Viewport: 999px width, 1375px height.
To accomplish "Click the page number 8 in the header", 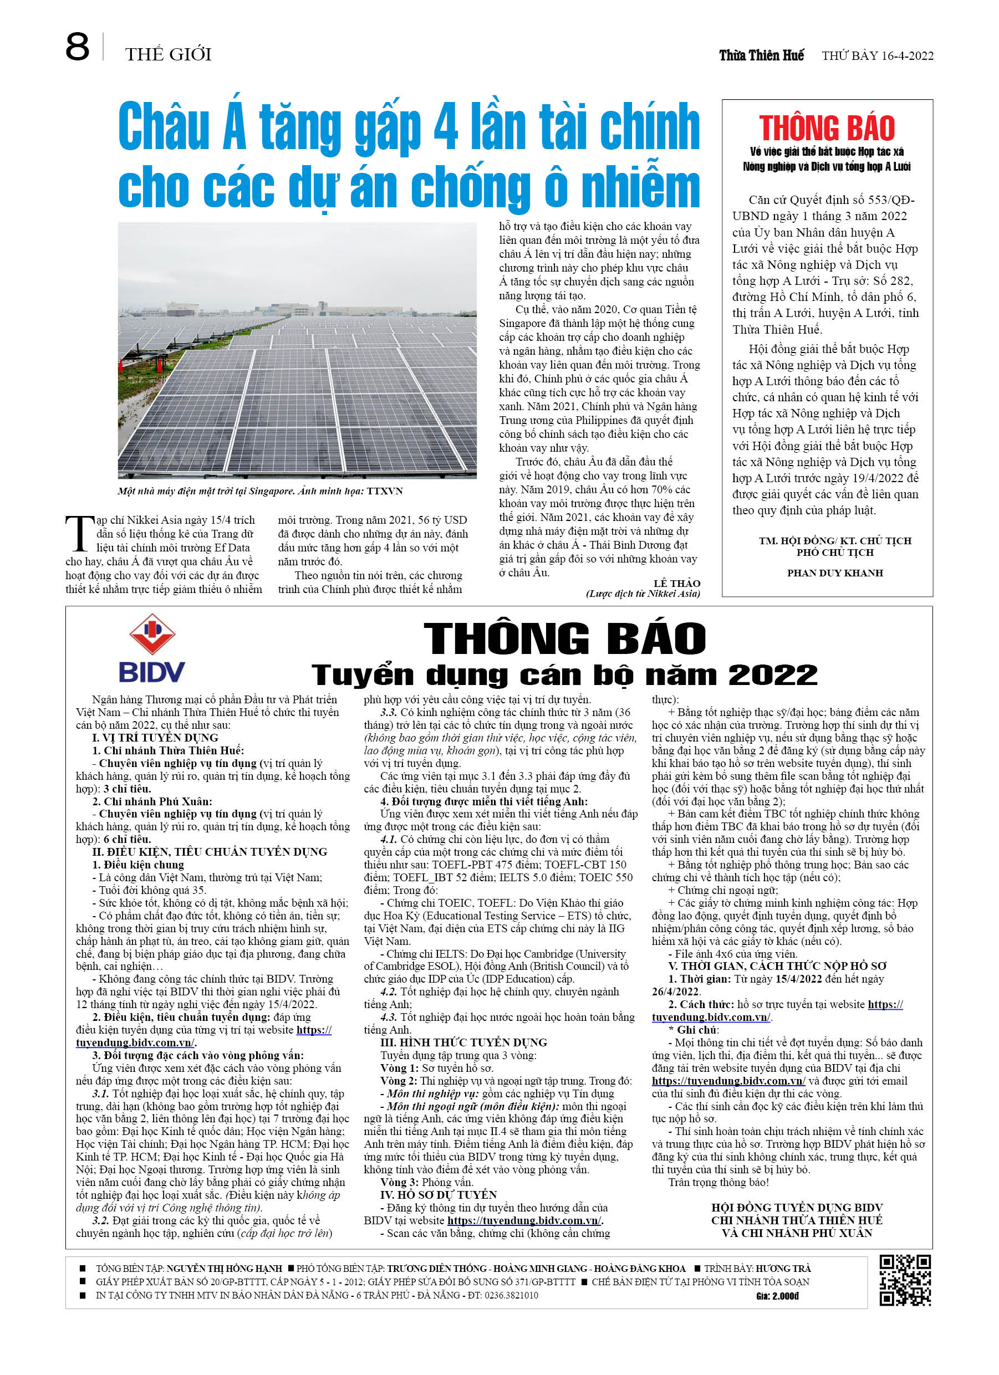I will (77, 47).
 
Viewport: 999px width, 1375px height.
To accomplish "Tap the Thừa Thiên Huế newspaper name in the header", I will (761, 56).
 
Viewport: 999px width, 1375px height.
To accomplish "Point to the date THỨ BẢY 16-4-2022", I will (877, 56).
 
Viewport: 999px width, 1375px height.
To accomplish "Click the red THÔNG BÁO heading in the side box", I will (826, 129).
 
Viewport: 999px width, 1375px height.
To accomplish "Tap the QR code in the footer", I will (904, 1280).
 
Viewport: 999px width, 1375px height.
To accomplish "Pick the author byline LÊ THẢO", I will (676, 582).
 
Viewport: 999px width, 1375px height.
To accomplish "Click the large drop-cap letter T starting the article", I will (79, 534).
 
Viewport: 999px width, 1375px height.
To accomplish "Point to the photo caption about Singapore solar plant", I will (260, 491).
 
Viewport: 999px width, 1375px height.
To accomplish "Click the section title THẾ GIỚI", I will (168, 54).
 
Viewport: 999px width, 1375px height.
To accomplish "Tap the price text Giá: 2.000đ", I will (777, 1296).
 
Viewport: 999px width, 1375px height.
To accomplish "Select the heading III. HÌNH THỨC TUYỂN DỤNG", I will (463, 1042).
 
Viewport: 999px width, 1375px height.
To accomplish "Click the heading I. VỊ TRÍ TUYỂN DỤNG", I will (155, 738).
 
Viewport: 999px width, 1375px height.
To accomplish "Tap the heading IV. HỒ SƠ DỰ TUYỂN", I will (438, 1194).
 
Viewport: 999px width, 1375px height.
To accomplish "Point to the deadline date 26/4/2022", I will (675, 992).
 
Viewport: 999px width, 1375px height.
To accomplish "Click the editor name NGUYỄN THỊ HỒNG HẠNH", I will (224, 1268).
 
